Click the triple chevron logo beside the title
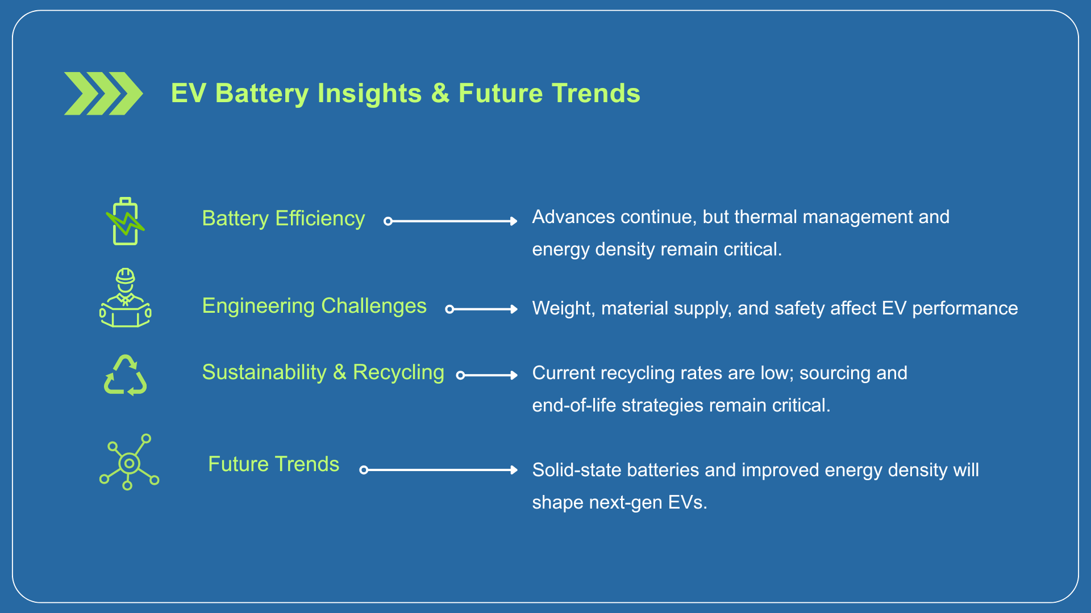pyautogui.click(x=103, y=94)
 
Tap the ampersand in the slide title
pyautogui.click(x=440, y=94)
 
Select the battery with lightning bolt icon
pyautogui.click(x=125, y=221)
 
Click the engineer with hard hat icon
pyautogui.click(x=125, y=298)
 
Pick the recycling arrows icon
pyautogui.click(x=126, y=375)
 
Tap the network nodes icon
pyautogui.click(x=129, y=462)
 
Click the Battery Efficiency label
pyautogui.click(x=283, y=219)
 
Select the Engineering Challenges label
pyautogui.click(x=314, y=306)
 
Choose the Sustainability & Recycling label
pyautogui.click(x=323, y=372)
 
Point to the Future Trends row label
pyautogui.click(x=273, y=464)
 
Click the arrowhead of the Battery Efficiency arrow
pyautogui.click(x=514, y=221)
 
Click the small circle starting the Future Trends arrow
pyautogui.click(x=364, y=470)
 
